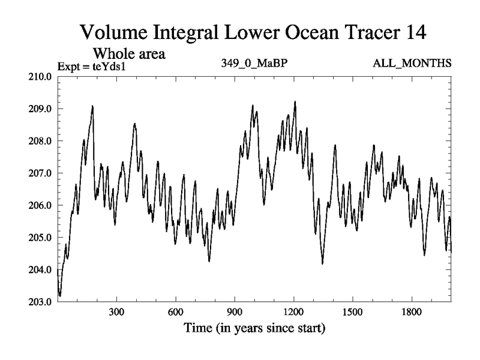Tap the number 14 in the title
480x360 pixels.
413,32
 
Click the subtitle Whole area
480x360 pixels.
128,53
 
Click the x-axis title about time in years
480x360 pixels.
254,328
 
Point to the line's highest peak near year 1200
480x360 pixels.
295,101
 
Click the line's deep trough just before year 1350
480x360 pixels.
323,263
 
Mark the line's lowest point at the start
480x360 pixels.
60,296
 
